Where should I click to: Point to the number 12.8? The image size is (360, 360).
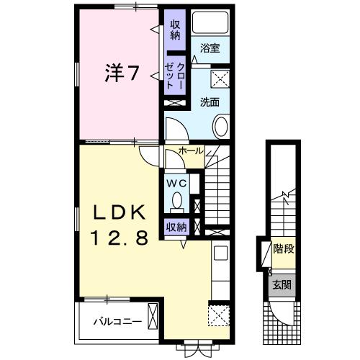[119, 238]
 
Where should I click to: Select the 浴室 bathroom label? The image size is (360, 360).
[210, 49]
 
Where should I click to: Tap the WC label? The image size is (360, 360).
[177, 184]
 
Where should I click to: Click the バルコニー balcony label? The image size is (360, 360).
[115, 321]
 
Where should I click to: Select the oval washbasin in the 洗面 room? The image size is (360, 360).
[222, 129]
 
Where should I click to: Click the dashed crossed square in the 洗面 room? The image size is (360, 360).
[220, 79]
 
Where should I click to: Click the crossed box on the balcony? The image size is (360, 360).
[152, 317]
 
